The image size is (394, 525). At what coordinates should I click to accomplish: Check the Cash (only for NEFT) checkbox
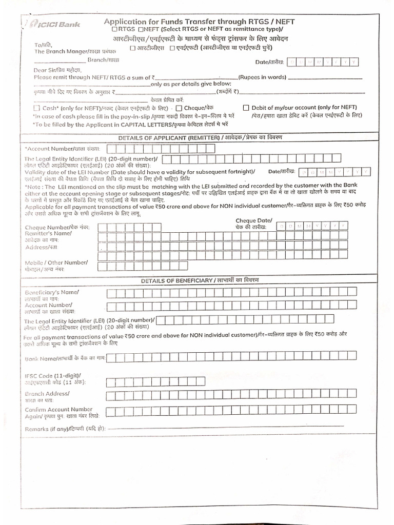pos(36,108)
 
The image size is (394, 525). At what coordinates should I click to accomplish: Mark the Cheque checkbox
pos(179,108)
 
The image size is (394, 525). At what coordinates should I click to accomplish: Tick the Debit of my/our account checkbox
pos(246,108)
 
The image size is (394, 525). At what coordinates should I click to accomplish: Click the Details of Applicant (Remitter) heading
pos(200,138)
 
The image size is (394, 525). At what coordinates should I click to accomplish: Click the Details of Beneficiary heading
pos(200,280)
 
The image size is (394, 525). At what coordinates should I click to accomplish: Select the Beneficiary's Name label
pos(52,292)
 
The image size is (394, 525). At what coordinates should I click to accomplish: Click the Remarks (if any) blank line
pos(226,427)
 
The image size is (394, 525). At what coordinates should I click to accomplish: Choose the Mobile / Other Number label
pos(56,262)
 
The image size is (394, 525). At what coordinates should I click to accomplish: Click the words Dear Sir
pos(44,69)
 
